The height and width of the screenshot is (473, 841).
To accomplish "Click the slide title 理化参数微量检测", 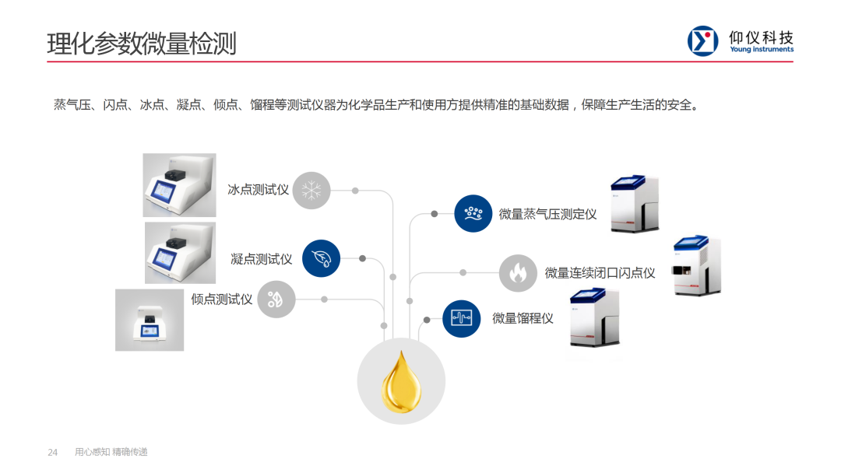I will pyautogui.click(x=142, y=43).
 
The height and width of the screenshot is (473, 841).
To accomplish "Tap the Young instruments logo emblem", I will pyautogui.click(x=702, y=41).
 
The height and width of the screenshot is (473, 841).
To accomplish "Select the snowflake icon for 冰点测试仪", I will pyautogui.click(x=311, y=190).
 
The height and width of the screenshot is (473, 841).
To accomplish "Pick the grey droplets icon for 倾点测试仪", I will pyautogui.click(x=276, y=299).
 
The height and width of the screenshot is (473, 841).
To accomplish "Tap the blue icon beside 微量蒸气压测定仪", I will pyautogui.click(x=473, y=213).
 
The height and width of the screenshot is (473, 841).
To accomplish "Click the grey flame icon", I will pyautogui.click(x=518, y=273).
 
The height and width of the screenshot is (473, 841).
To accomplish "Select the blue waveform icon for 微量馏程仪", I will pyautogui.click(x=461, y=318).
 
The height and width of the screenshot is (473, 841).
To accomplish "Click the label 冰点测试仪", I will pyautogui.click(x=259, y=190).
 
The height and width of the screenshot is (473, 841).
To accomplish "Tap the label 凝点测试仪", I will pyautogui.click(x=262, y=258).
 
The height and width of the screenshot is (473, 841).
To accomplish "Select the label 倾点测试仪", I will pyautogui.click(x=222, y=299).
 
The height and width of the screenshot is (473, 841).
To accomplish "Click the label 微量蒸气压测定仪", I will pyautogui.click(x=547, y=214).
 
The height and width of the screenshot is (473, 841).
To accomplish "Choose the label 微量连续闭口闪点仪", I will pyautogui.click(x=600, y=273).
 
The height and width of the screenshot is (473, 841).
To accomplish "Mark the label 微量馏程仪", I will pyautogui.click(x=523, y=318).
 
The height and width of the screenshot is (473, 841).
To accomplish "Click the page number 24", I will pyautogui.click(x=53, y=452).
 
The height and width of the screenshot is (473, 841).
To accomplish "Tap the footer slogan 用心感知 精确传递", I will pyautogui.click(x=111, y=452).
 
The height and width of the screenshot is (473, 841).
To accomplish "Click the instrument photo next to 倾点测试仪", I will pyautogui.click(x=150, y=320).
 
